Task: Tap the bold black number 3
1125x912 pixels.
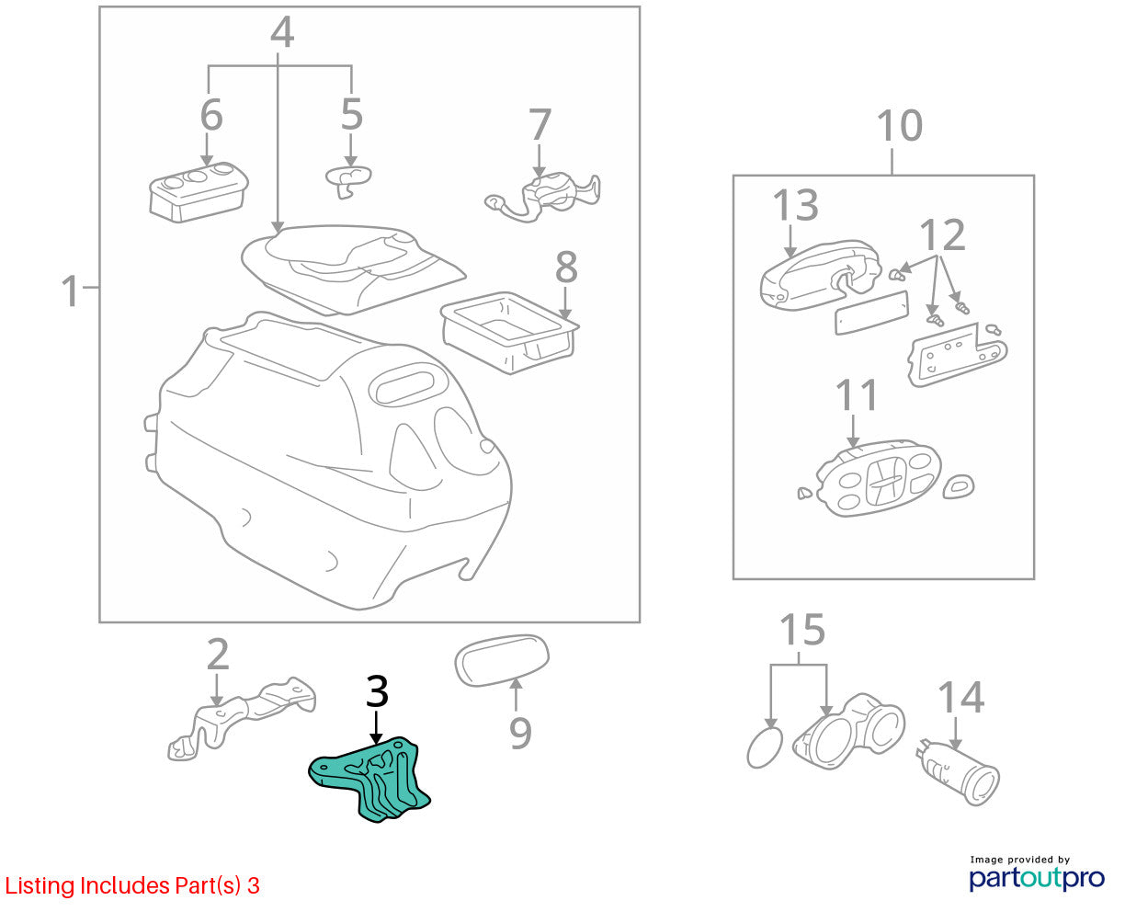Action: pos(377,691)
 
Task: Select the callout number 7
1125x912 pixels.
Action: pos(540,125)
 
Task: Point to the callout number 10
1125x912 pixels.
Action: pos(900,126)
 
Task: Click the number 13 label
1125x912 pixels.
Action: pos(795,205)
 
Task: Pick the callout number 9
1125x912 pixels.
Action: pos(520,734)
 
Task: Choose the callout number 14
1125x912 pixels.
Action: pos(960,697)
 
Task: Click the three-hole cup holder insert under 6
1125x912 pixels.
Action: pos(199,192)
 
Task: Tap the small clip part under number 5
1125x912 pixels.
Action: pos(348,181)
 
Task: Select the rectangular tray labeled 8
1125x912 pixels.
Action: pos(510,333)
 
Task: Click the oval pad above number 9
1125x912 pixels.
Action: pos(501,660)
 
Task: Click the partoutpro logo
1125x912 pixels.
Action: pos(1036,878)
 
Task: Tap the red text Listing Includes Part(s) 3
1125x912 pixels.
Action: pos(132,885)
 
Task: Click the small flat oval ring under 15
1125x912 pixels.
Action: pos(765,747)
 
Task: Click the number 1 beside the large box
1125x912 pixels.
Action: pos(70,291)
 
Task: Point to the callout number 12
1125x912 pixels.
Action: pos(942,234)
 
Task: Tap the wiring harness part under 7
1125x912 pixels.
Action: pos(543,197)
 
